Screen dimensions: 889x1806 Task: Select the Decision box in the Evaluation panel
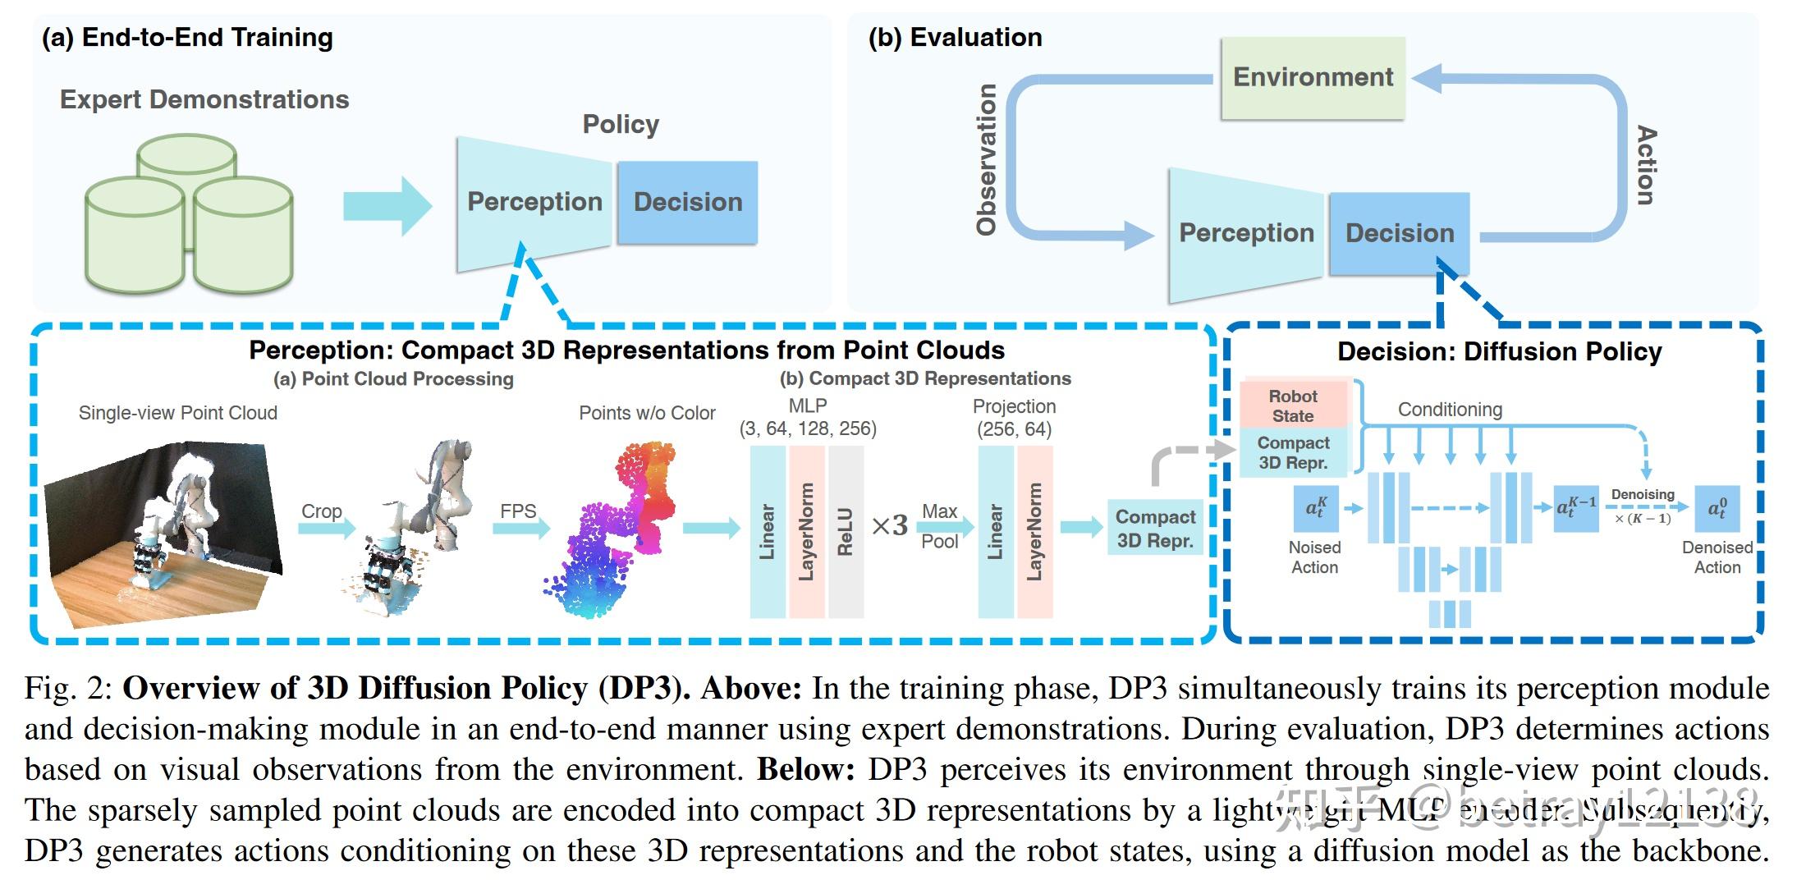(1399, 233)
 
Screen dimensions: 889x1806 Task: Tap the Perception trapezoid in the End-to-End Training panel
(534, 202)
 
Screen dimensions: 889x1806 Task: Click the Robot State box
(1293, 406)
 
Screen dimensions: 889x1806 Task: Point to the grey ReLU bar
(846, 532)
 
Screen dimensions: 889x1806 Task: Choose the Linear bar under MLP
(768, 532)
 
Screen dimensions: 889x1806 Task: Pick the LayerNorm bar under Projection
(1034, 532)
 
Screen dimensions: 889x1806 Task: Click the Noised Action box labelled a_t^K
(1315, 509)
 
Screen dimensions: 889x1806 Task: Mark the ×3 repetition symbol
(889, 525)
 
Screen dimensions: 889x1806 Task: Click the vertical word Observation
(987, 160)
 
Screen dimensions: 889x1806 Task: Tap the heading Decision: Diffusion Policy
(1499, 351)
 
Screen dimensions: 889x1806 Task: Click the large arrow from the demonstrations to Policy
(387, 205)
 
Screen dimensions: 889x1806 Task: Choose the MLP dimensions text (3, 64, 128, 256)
(808, 428)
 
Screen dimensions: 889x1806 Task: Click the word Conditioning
(1450, 410)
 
